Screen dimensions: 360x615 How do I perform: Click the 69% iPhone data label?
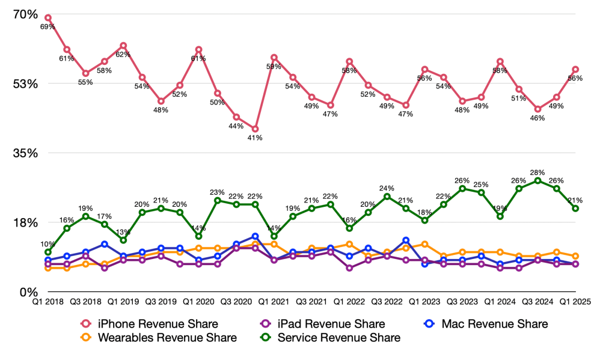click(x=48, y=27)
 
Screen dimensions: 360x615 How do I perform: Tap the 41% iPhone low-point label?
click(x=255, y=138)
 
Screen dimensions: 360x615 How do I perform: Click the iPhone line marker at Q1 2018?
click(x=48, y=18)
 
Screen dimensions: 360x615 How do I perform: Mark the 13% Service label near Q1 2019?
click(x=123, y=233)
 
